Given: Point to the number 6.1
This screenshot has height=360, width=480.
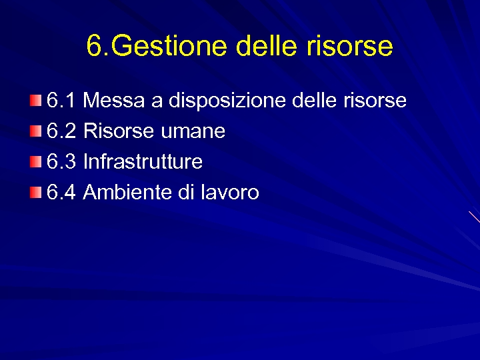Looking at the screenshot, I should click(62, 101).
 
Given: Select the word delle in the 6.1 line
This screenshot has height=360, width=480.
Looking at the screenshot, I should click(315, 101).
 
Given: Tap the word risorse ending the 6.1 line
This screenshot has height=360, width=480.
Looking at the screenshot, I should click(375, 101).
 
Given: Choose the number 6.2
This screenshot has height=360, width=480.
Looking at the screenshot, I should click(62, 131).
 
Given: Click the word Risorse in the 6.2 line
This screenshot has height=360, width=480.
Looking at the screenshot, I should click(119, 131).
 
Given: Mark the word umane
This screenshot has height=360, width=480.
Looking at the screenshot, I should click(193, 131).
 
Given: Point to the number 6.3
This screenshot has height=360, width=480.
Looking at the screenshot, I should click(62, 162).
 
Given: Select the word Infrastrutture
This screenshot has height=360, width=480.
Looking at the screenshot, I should click(143, 162).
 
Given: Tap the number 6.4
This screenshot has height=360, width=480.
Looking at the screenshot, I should click(62, 193).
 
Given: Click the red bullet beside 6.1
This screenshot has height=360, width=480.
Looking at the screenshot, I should click(35, 101).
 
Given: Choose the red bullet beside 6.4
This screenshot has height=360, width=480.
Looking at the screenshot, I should click(35, 193).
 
